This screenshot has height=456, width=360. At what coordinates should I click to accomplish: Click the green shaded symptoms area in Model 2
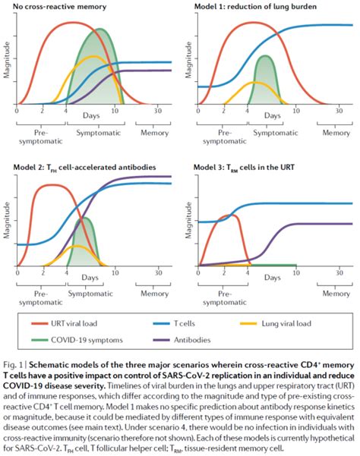point(86,243)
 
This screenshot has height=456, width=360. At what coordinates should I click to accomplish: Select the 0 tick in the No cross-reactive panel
point(17,111)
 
